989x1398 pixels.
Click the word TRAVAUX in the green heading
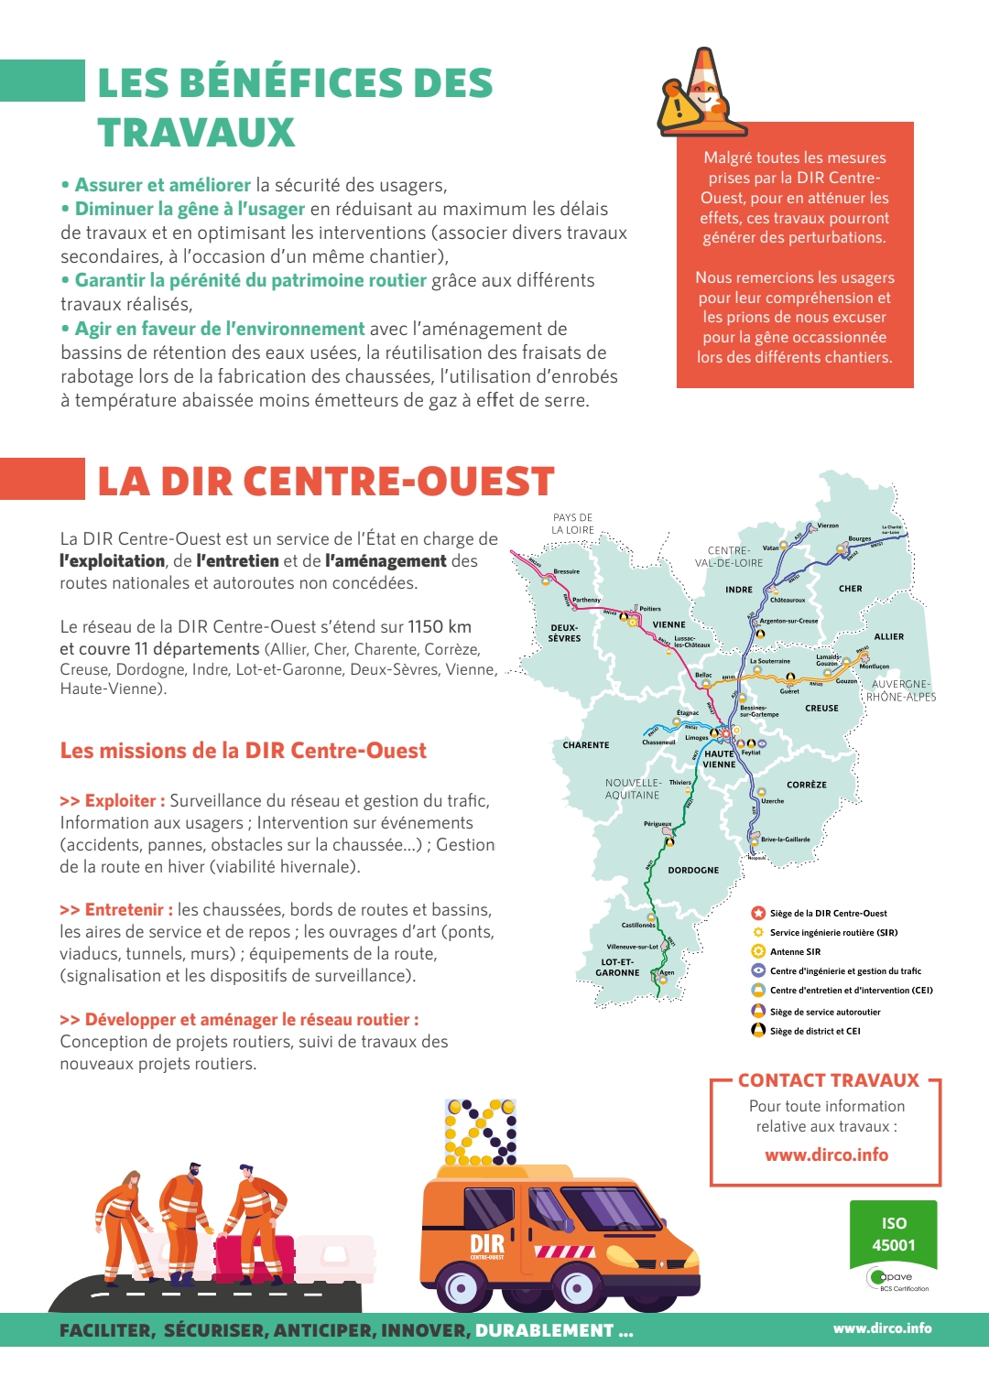(196, 133)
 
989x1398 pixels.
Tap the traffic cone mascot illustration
(701, 92)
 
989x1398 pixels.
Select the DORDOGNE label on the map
(693, 871)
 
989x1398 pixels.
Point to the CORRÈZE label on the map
(807, 786)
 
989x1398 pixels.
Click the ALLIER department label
(888, 636)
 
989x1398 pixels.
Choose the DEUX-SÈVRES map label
(564, 634)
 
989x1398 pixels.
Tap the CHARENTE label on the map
(586, 745)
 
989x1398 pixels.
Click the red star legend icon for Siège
(758, 913)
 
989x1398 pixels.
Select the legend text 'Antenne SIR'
(795, 952)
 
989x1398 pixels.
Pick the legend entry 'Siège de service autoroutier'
(825, 1012)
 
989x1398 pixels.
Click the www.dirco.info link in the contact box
(827, 1155)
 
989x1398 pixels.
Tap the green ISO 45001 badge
(894, 1234)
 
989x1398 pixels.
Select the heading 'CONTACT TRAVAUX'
(828, 1080)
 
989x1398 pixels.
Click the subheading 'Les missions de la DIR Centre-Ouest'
(244, 751)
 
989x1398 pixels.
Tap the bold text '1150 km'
(440, 627)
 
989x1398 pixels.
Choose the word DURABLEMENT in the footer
(544, 1331)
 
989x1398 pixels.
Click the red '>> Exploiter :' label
(113, 801)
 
